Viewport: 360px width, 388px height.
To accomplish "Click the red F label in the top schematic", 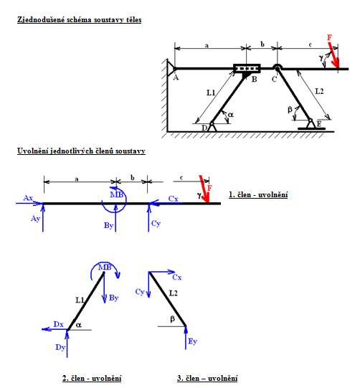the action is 329,37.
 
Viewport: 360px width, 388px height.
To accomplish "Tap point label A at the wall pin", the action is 176,77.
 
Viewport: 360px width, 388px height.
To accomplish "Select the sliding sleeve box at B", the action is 247,68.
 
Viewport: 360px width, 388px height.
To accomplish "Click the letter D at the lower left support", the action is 204,128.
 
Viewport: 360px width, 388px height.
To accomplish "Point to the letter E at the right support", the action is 319,124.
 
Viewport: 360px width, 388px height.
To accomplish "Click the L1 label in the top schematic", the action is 211,93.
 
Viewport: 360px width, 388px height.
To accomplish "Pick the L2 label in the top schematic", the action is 319,92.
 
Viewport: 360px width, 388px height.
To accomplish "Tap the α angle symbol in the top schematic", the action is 231,115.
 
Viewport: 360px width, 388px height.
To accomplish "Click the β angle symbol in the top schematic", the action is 290,110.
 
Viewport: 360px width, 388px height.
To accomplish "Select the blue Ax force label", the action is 28,198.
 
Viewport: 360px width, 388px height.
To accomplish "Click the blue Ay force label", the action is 35,219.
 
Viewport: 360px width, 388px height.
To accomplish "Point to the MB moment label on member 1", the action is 116,195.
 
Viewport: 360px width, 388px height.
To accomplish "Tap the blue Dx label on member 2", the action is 59,324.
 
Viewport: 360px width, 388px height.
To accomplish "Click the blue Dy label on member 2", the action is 60,347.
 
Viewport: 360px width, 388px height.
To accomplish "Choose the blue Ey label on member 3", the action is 192,341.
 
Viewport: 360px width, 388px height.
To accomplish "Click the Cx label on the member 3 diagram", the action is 177,277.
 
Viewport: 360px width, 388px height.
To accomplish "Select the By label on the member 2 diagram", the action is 114,298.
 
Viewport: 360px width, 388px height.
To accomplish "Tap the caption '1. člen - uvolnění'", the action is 258,195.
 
